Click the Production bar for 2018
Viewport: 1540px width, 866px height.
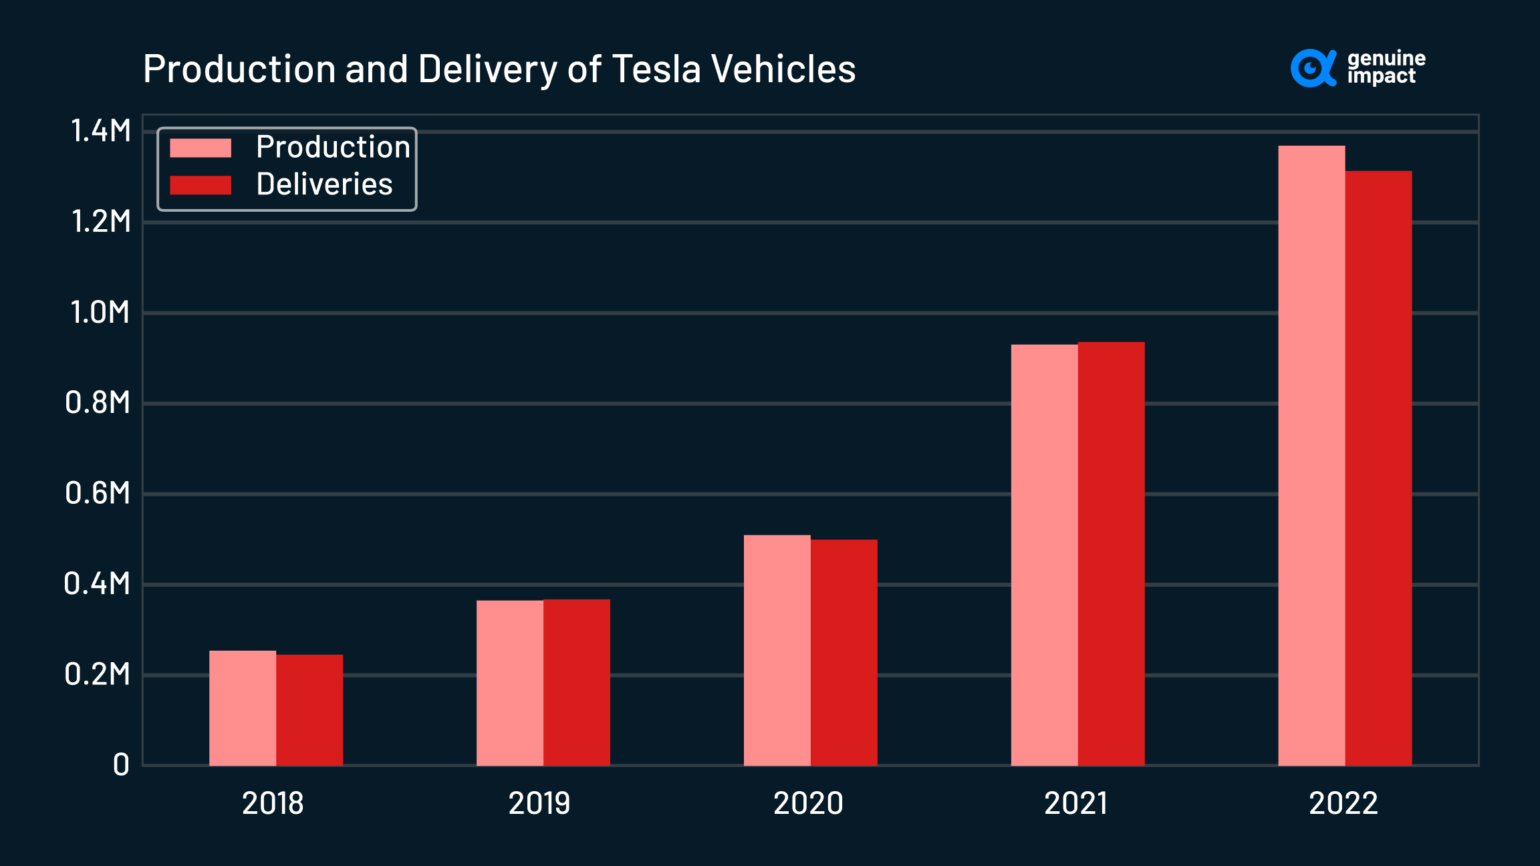pyautogui.click(x=243, y=708)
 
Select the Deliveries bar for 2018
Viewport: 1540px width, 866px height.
pyautogui.click(x=309, y=710)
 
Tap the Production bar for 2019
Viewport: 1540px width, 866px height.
pyautogui.click(x=510, y=682)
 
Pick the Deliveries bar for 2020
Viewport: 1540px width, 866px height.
pyautogui.click(x=844, y=652)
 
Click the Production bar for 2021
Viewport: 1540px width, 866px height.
pyautogui.click(x=1045, y=555)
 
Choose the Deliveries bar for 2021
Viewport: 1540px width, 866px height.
pyautogui.click(x=1112, y=553)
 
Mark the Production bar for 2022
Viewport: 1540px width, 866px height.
pyautogui.click(x=1312, y=455)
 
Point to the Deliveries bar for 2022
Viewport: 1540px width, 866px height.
pyautogui.click(x=1379, y=468)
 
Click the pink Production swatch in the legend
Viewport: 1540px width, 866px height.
pyautogui.click(x=201, y=148)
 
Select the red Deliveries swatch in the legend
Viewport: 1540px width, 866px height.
pyautogui.click(x=201, y=185)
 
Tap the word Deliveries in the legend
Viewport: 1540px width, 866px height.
pyautogui.click(x=324, y=184)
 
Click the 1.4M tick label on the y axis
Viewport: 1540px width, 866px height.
pyautogui.click(x=101, y=131)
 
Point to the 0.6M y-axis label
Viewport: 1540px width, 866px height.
pyautogui.click(x=98, y=493)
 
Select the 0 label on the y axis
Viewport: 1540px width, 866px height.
pyautogui.click(x=121, y=764)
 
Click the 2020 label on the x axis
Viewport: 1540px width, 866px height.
pyautogui.click(x=808, y=803)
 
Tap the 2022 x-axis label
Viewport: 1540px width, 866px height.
pyautogui.click(x=1343, y=803)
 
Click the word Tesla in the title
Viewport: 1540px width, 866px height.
pyautogui.click(x=656, y=69)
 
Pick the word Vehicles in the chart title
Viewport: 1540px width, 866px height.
pyautogui.click(x=783, y=69)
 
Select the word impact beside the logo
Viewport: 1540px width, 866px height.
pyautogui.click(x=1381, y=77)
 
